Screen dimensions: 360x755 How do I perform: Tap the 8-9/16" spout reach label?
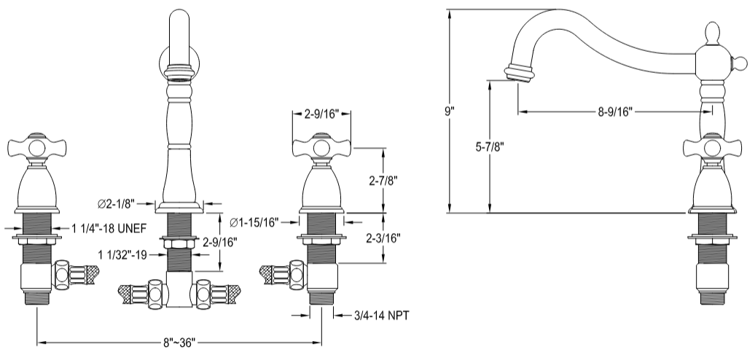[x=613, y=111]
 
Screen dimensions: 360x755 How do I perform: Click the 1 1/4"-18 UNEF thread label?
[x=109, y=229]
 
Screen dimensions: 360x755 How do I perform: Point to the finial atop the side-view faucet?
[x=712, y=33]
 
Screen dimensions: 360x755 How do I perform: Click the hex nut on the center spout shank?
[x=179, y=244]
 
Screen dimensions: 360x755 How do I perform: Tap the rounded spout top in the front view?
[x=179, y=18]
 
